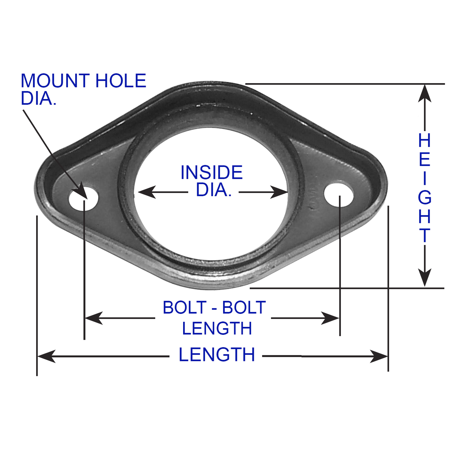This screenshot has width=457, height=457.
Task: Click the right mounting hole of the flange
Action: click(x=338, y=194)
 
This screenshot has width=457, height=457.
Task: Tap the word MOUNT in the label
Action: click(x=55, y=81)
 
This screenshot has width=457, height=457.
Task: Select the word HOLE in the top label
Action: click(x=121, y=81)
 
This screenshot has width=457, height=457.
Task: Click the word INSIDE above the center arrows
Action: click(x=211, y=172)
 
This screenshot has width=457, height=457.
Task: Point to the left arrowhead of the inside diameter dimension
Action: click(x=147, y=192)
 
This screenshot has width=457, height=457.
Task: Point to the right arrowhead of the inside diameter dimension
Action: click(x=279, y=192)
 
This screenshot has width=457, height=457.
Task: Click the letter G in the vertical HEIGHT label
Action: click(x=425, y=198)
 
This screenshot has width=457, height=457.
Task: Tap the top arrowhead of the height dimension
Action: click(x=425, y=93)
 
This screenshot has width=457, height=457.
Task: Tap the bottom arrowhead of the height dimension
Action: click(x=425, y=278)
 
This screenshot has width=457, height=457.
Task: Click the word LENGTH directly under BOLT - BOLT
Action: click(x=217, y=328)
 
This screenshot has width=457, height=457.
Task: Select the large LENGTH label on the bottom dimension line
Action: click(x=217, y=355)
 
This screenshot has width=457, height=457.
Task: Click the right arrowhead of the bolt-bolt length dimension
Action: click(x=330, y=318)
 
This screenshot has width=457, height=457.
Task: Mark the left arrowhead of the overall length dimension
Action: click(x=46, y=356)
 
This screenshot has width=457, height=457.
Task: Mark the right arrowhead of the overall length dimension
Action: click(x=379, y=356)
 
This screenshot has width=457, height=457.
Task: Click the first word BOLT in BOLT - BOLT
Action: click(x=185, y=307)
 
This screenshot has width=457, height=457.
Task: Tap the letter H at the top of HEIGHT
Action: click(x=425, y=140)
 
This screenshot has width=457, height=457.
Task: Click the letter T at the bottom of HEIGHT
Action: click(x=425, y=235)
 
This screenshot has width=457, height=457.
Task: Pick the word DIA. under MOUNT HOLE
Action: click(x=38, y=98)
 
